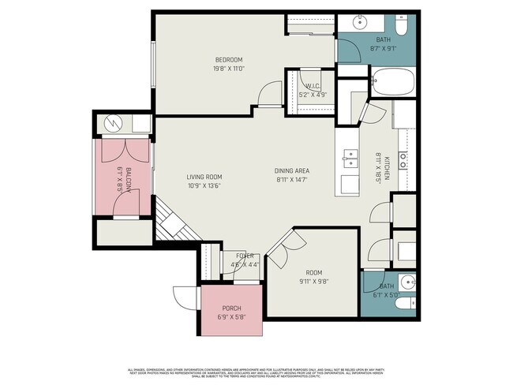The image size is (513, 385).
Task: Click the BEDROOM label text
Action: [229, 60]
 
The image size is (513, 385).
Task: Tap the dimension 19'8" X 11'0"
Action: [229, 69]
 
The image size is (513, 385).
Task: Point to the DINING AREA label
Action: [290, 171]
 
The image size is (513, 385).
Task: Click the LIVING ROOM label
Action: [204, 177]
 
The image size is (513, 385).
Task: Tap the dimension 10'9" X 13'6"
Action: [204, 186]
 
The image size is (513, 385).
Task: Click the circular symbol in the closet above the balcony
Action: [111, 123]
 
